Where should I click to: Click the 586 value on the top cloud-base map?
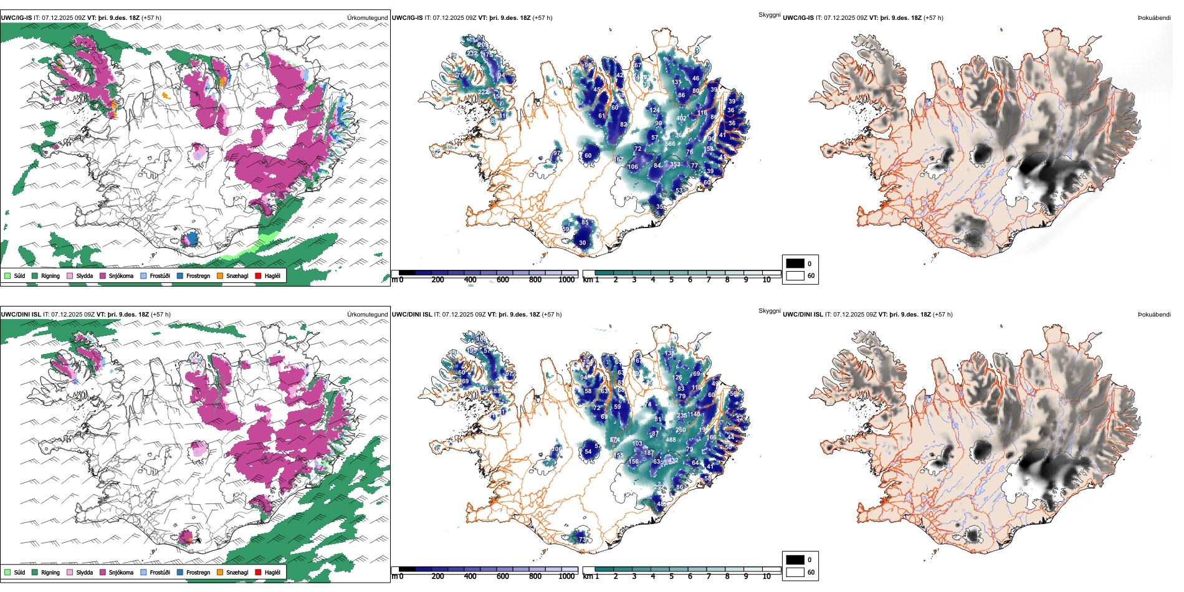(x=670, y=144)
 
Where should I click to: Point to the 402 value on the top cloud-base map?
(x=681, y=118)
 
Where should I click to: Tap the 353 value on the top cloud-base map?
(x=675, y=165)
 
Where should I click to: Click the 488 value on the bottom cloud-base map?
(x=671, y=440)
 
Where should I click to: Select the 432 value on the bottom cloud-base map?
(x=673, y=461)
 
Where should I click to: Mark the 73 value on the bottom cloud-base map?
(x=582, y=539)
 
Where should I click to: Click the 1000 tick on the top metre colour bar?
(x=566, y=280)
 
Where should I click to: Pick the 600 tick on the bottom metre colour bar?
(x=503, y=576)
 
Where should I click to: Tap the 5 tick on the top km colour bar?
(x=671, y=280)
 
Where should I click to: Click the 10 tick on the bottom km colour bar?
(x=766, y=576)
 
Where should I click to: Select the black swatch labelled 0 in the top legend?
(x=795, y=264)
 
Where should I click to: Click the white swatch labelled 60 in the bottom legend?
(x=795, y=572)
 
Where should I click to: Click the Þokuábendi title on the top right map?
(x=1154, y=18)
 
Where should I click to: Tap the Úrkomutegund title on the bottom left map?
(x=367, y=315)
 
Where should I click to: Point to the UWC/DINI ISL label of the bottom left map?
(x=21, y=315)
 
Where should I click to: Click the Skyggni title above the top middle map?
(x=769, y=14)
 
